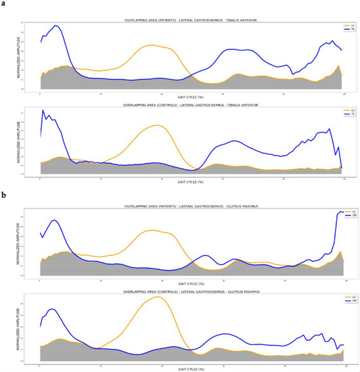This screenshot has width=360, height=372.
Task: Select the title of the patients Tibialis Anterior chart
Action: (192, 20)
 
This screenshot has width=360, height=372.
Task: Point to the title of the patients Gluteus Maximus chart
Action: (192, 209)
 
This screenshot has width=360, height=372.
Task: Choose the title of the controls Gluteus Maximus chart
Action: (192, 292)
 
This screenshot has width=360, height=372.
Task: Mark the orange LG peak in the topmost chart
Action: (152, 45)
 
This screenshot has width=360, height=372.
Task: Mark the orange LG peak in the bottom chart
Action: (158, 297)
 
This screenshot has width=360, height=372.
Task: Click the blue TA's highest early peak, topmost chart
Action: (55, 26)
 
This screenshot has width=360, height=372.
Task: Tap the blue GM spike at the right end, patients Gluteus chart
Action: (340, 212)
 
